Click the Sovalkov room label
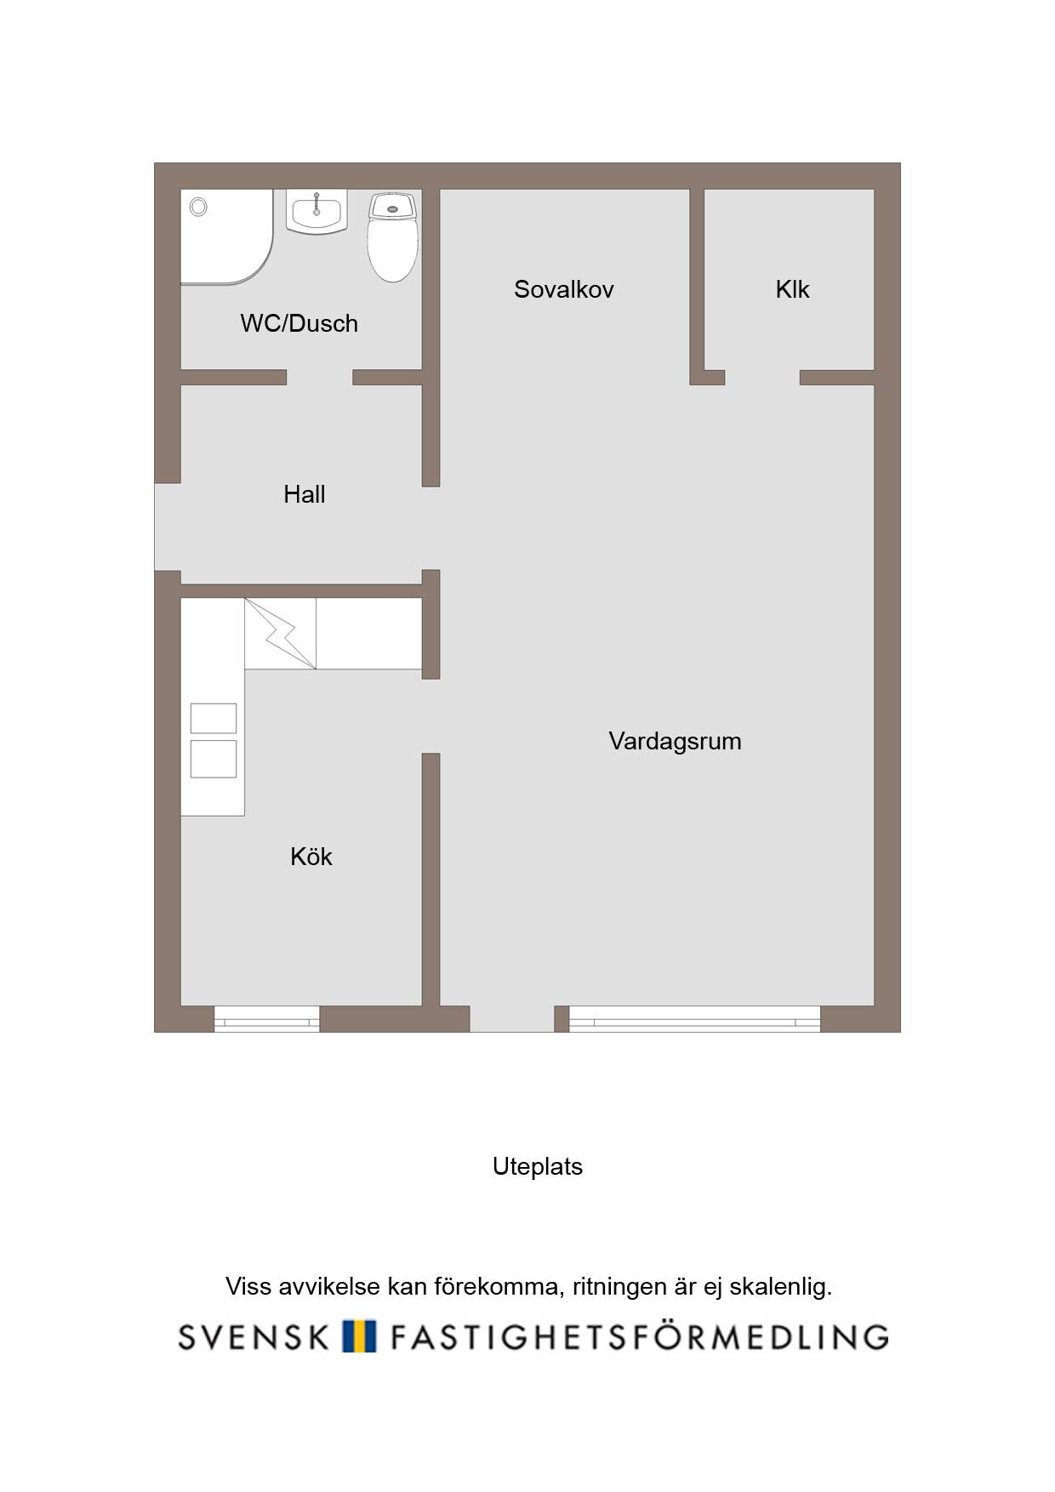pyautogui.click(x=563, y=289)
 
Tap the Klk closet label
pyautogui.click(x=792, y=289)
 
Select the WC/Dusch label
pyautogui.click(x=299, y=323)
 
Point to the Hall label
pyautogui.click(x=305, y=494)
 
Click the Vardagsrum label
pyautogui.click(x=675, y=742)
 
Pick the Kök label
pyautogui.click(x=311, y=857)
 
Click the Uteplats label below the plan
pyautogui.click(x=538, y=1166)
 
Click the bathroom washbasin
pyautogui.click(x=317, y=212)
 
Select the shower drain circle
pyautogui.click(x=198, y=207)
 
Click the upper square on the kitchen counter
pyautogui.click(x=214, y=718)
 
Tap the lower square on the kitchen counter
pyautogui.click(x=214, y=759)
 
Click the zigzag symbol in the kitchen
pyautogui.click(x=281, y=634)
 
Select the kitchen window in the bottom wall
pyautogui.click(x=266, y=1019)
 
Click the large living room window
pyautogui.click(x=694, y=1019)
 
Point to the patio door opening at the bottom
pyautogui.click(x=512, y=1019)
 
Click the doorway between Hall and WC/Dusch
pyautogui.click(x=320, y=378)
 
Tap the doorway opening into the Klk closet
pyautogui.click(x=762, y=378)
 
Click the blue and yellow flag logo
pyautogui.click(x=359, y=1336)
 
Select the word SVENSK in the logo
pyautogui.click(x=254, y=1337)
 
